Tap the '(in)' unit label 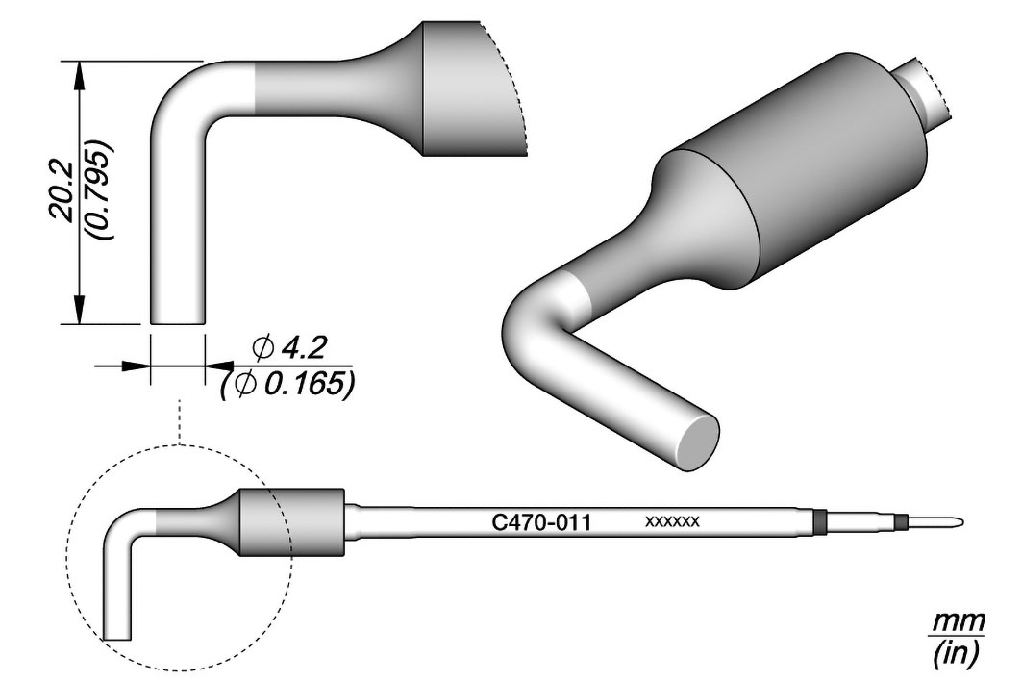(x=954, y=656)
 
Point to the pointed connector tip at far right (x=951, y=522)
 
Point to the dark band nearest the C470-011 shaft (x=818, y=521)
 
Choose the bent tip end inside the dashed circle (x=117, y=634)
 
